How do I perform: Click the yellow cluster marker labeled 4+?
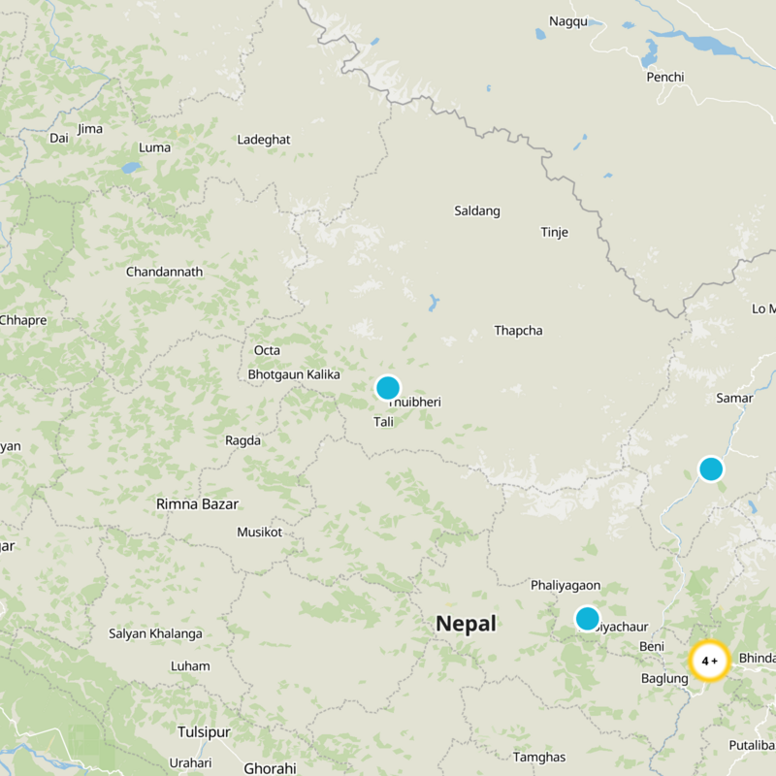pos(709,661)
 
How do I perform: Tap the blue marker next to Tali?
pos(388,388)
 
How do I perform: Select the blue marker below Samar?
pos(711,469)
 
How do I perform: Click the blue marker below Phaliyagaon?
pos(587,618)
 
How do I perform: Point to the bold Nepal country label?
pos(466,624)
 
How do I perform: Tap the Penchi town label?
pos(664,77)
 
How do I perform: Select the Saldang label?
pos(477,210)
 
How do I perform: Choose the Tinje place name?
pos(554,232)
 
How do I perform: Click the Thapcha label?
pos(518,331)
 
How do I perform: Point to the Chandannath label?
pos(164,272)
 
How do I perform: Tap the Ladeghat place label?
pos(264,140)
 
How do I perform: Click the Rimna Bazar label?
pos(197,504)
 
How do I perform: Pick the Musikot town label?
pos(259,533)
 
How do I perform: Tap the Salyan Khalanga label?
pos(155,634)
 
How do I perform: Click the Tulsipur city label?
pos(208,731)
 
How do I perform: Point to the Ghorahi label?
pos(270,768)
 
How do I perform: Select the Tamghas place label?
pos(539,757)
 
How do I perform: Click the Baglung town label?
pos(664,679)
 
